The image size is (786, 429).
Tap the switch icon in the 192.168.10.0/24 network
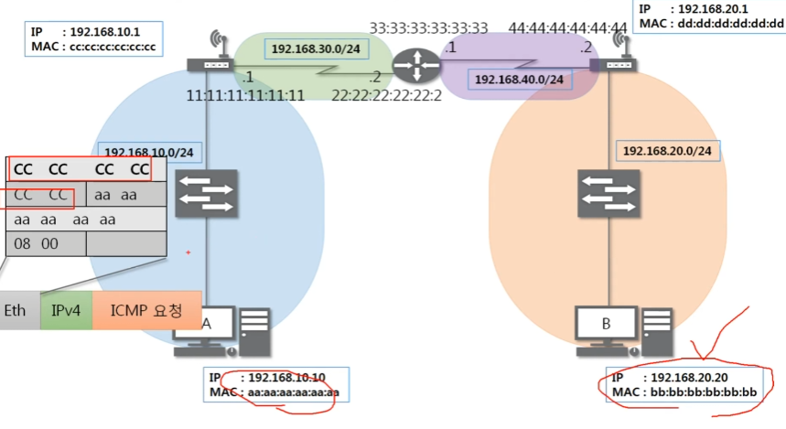(x=208, y=194)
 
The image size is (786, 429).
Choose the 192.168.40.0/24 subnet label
(x=520, y=80)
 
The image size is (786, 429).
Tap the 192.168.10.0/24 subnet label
(x=146, y=152)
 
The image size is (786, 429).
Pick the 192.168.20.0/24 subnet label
(x=667, y=150)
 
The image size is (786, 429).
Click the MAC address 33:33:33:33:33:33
(x=428, y=28)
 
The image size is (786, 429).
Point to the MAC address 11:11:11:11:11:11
(x=245, y=94)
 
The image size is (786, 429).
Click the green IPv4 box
(x=66, y=311)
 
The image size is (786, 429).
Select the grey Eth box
(x=16, y=311)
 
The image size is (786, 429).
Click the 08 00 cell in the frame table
(x=46, y=242)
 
